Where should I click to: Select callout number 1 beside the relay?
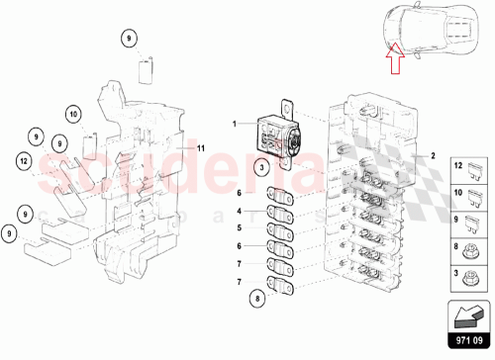pyautogui.click(x=236, y=125)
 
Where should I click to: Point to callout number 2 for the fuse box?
pyautogui.click(x=433, y=156)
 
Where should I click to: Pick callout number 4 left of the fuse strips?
pyautogui.click(x=239, y=212)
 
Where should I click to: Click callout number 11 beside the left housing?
pyautogui.click(x=199, y=147)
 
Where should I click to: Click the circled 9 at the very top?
pyautogui.click(x=128, y=40)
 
